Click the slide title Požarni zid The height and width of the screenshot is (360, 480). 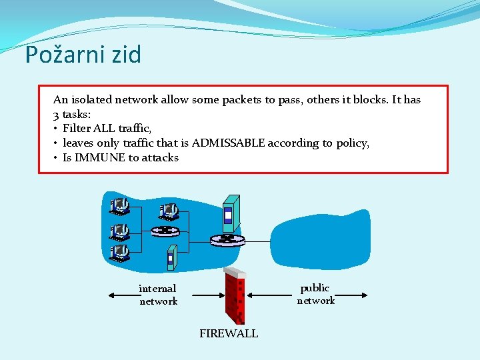83,55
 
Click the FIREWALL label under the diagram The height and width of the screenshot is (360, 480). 229,333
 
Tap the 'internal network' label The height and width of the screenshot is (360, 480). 158,295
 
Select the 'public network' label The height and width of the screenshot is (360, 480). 315,294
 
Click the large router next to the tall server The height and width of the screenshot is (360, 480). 227,239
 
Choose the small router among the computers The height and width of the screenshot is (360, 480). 165,231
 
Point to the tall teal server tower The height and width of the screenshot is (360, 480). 230,213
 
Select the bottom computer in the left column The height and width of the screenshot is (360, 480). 120,252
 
